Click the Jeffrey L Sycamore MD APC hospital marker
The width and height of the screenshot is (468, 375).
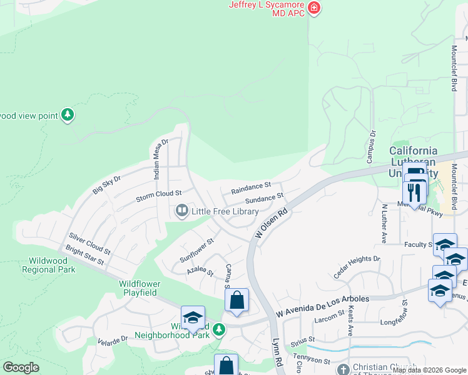314,9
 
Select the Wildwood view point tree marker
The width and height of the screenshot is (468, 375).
68,115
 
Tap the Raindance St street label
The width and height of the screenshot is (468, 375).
250,186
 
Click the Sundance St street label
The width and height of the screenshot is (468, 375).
264,199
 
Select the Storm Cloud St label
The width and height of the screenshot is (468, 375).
159,196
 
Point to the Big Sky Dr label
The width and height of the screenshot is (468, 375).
106,186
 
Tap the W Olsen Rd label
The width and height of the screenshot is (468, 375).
272,222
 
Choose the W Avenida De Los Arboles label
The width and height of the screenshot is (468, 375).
323,299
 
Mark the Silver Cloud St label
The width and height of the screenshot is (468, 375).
90,244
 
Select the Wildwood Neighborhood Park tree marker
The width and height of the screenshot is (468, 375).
218,329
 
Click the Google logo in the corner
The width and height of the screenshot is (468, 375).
21,367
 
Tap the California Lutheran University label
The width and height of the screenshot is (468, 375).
414,162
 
